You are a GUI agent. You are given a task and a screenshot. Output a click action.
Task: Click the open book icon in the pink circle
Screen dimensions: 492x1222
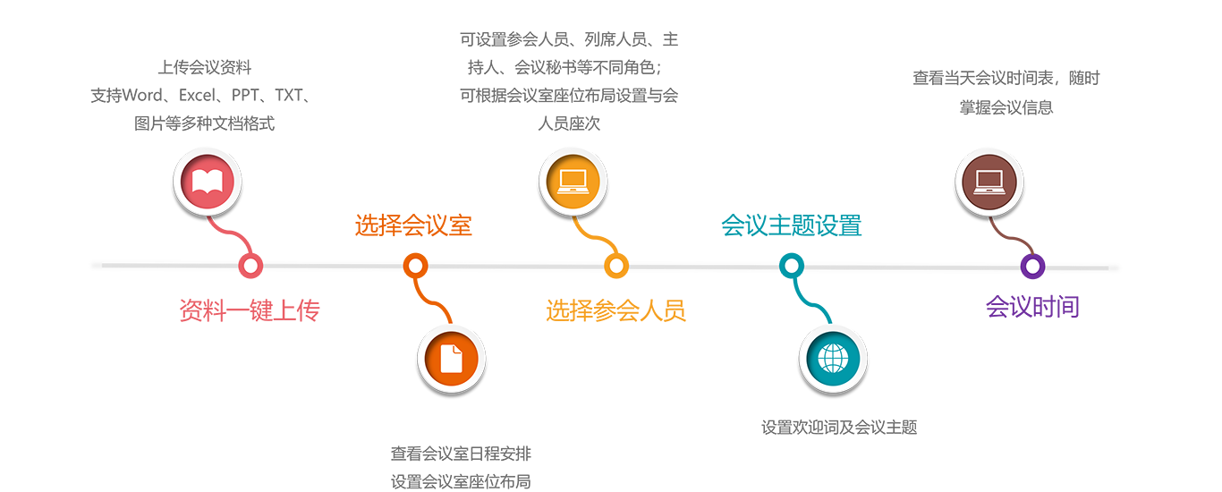tap(207, 182)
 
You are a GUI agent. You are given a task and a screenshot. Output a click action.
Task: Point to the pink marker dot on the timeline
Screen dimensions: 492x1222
tap(251, 266)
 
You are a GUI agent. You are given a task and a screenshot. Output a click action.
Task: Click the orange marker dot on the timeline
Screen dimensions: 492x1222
tap(413, 266)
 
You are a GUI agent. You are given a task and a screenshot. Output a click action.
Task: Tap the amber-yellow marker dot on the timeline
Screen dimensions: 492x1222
tap(615, 266)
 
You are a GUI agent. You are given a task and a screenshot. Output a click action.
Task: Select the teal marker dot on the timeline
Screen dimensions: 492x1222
tap(791, 266)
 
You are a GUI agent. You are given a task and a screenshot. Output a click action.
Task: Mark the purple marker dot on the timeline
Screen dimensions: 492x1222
tap(1032, 266)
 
